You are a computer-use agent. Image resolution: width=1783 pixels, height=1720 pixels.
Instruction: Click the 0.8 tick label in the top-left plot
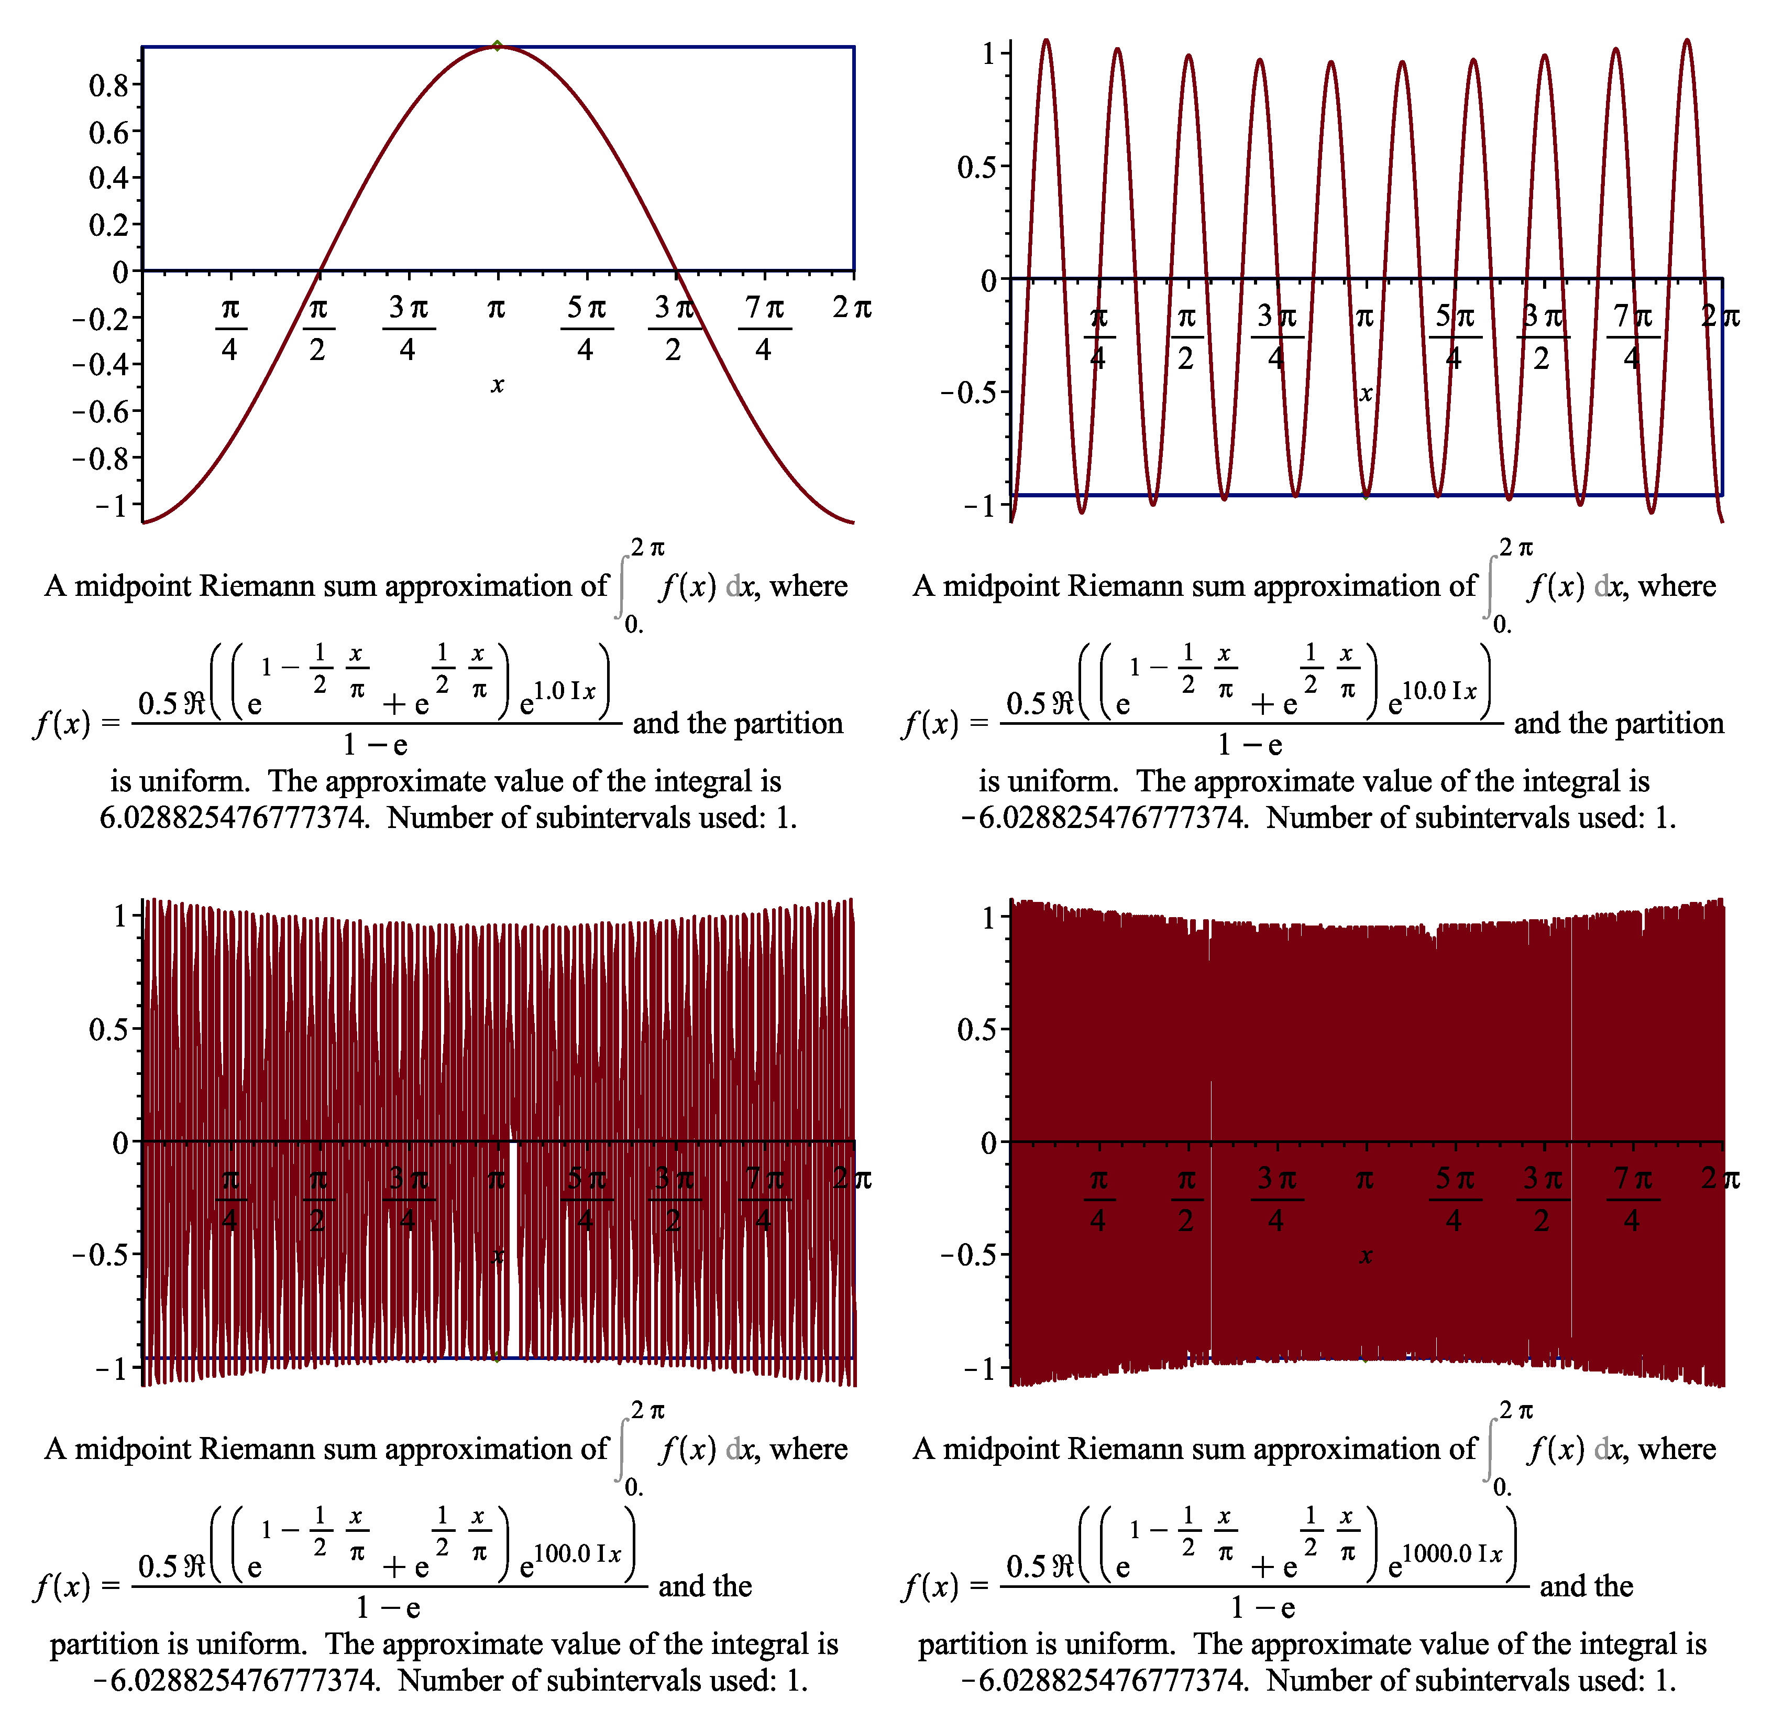pos(108,85)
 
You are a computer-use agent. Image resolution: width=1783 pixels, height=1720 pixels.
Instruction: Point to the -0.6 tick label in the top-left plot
pos(102,411)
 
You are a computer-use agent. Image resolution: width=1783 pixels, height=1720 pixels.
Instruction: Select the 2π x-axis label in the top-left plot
pos(852,308)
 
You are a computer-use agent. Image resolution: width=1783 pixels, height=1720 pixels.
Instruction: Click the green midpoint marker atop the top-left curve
pos(497,46)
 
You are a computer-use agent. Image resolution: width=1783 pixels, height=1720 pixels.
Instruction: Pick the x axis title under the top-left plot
pos(497,385)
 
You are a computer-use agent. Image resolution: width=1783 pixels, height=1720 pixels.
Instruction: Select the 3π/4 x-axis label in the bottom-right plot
pos(1276,1200)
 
